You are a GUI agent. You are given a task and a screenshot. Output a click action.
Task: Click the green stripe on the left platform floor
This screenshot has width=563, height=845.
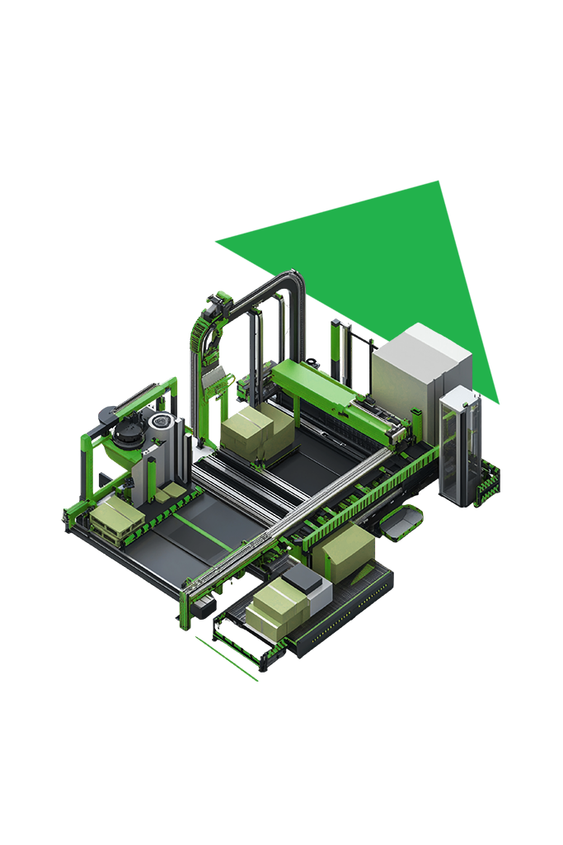[202, 532]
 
